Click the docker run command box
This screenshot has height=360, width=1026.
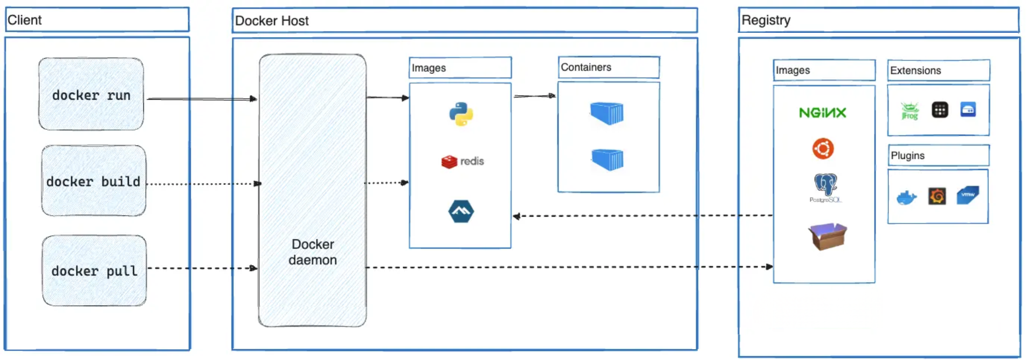point(91,95)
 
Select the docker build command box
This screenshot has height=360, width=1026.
point(93,181)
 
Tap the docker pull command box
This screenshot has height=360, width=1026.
point(94,271)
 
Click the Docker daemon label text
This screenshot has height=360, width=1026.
point(313,252)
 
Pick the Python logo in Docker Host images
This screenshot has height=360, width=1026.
point(461,114)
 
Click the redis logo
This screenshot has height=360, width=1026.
point(463,161)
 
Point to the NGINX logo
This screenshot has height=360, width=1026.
point(822,113)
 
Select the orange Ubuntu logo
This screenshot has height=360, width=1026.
point(823,148)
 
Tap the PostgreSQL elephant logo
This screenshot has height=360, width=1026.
point(825,186)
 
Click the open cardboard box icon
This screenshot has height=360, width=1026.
point(828,236)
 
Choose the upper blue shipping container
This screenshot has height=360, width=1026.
point(607,113)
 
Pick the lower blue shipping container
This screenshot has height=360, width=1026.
point(608,160)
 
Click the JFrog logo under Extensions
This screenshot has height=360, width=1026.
point(910,111)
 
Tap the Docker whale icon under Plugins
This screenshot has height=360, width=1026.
point(907,197)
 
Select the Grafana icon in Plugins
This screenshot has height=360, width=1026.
point(937,196)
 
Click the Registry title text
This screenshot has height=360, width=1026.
point(766,20)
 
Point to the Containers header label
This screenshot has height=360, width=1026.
point(586,67)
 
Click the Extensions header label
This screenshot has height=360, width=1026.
point(915,71)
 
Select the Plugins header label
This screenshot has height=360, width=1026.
point(907,156)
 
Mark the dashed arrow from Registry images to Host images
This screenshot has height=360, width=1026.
point(642,216)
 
